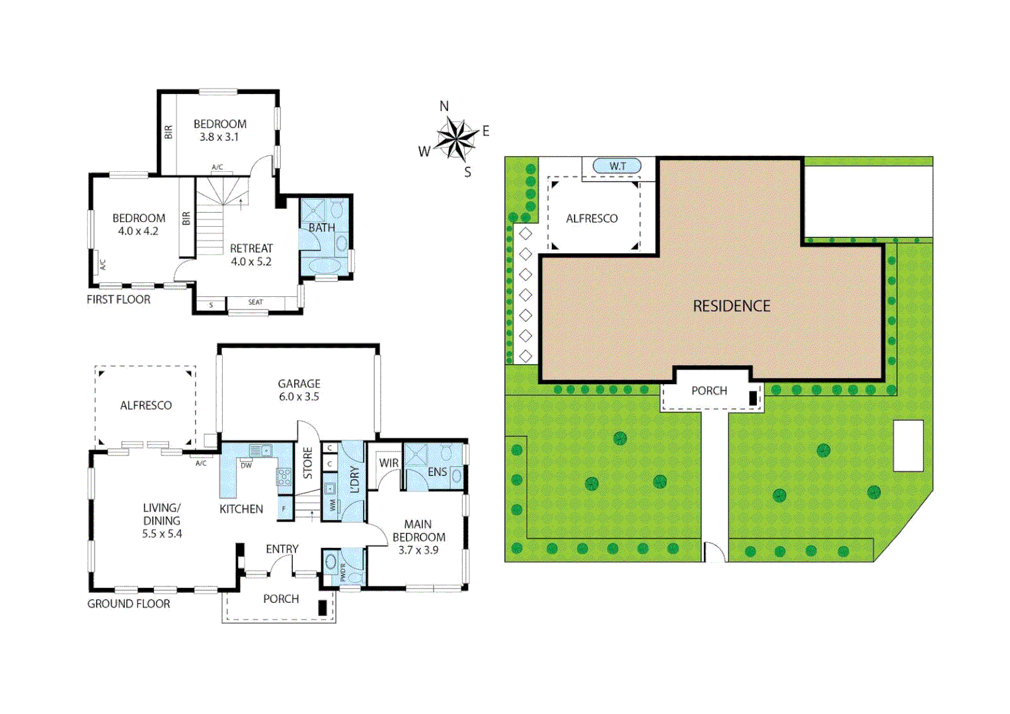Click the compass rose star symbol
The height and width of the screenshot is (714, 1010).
point(456,138)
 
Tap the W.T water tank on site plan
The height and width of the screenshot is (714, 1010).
point(617,166)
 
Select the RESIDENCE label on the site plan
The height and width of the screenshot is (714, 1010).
point(732,306)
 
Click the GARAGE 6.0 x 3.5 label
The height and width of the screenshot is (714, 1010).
point(299,390)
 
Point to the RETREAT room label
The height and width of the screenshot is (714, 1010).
point(251,255)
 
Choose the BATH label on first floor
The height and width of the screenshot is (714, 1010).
point(322,227)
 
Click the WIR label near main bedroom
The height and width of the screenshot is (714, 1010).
point(389,463)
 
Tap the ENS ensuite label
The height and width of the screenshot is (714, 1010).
point(437,472)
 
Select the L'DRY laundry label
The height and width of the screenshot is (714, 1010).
point(354,480)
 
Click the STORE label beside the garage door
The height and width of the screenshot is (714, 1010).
point(307,463)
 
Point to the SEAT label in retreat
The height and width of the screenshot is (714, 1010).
point(256,303)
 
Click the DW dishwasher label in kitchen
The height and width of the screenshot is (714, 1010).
point(246,465)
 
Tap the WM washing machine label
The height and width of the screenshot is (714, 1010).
point(332,505)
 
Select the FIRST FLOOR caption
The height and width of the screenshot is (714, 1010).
point(118,299)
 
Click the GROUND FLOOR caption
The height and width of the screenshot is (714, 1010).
point(128,604)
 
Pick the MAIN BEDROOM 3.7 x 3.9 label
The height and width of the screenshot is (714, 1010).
point(418,537)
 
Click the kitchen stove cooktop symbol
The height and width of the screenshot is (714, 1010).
point(284,477)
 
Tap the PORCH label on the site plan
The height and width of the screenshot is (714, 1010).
point(709,391)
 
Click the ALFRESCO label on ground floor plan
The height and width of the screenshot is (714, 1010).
point(145,405)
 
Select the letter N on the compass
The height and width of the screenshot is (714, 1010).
point(444,106)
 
